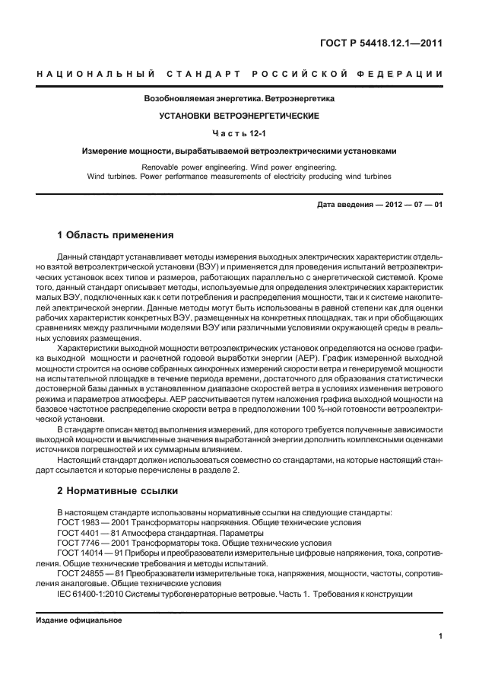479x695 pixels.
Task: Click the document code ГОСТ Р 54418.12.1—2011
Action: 382,43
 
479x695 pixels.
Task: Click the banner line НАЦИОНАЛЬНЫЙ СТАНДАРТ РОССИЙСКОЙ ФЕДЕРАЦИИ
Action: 239,74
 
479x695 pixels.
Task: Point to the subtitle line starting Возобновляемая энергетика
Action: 239,99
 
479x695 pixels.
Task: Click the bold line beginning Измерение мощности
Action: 239,151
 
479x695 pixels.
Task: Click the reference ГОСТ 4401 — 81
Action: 87,533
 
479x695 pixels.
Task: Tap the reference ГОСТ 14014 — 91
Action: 90,553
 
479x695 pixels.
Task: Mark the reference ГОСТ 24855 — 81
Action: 90,574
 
